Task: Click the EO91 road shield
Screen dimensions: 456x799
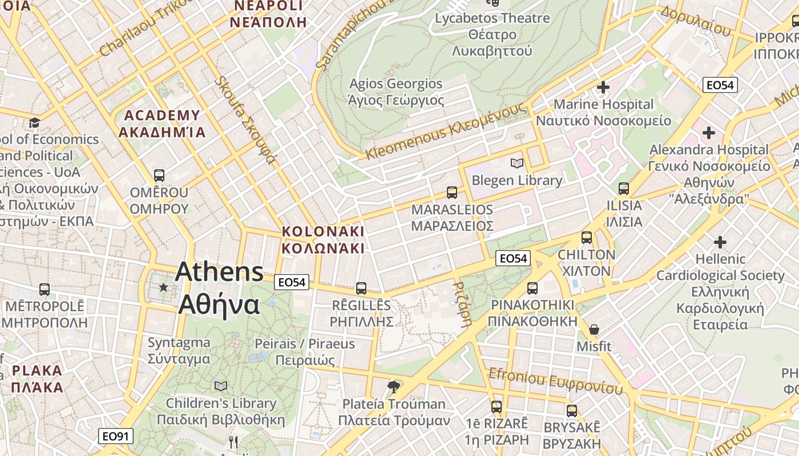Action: click(116, 436)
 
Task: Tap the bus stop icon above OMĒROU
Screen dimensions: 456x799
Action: click(159, 176)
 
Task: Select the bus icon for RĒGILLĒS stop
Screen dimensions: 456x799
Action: click(361, 288)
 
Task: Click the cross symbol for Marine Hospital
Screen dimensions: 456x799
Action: click(603, 87)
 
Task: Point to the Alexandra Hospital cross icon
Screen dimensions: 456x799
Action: click(709, 133)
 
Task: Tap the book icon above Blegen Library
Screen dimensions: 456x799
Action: click(517, 164)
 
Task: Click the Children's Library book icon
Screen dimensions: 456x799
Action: click(221, 386)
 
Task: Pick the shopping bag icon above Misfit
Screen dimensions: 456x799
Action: click(594, 329)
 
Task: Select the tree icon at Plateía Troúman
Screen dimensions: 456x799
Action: click(393, 387)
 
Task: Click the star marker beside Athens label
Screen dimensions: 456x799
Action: click(164, 287)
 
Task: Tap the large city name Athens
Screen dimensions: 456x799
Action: click(220, 272)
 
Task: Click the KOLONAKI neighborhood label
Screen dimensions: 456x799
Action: click(323, 232)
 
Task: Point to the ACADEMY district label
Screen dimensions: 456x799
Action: click(162, 116)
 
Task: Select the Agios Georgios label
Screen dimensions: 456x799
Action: click(396, 84)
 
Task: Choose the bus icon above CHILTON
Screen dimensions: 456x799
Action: click(587, 238)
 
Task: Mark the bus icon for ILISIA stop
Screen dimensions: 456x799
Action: click(624, 189)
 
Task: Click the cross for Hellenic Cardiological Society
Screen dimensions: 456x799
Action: click(720, 242)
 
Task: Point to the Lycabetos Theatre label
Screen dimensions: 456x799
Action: click(492, 18)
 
